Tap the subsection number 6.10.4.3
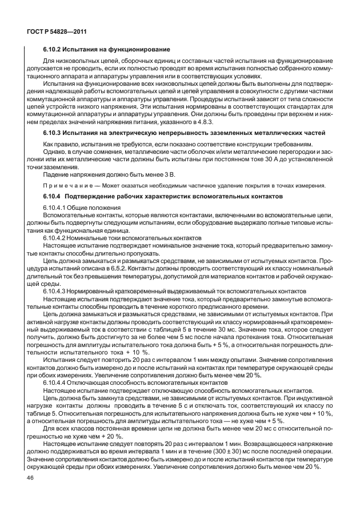[55, 290]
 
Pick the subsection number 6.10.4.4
[55, 380]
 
